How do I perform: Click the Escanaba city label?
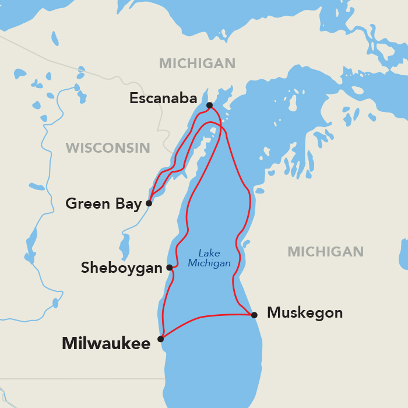(x=163, y=99)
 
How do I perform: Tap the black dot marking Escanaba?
(x=209, y=105)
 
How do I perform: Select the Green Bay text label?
(x=104, y=203)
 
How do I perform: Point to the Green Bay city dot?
(x=149, y=203)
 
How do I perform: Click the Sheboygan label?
(x=121, y=268)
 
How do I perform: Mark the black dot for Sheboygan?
(x=170, y=268)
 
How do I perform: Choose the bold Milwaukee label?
(x=106, y=343)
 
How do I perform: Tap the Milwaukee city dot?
(x=160, y=339)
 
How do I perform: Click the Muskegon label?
(x=305, y=313)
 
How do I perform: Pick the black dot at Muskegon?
(x=254, y=315)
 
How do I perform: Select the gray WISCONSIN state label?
(x=108, y=148)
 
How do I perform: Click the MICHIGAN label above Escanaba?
(x=197, y=64)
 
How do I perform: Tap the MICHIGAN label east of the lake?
(x=325, y=252)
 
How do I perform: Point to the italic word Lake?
(x=209, y=253)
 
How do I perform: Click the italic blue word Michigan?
(x=209, y=263)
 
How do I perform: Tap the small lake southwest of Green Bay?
(x=124, y=247)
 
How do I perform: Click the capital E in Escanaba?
(x=133, y=99)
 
